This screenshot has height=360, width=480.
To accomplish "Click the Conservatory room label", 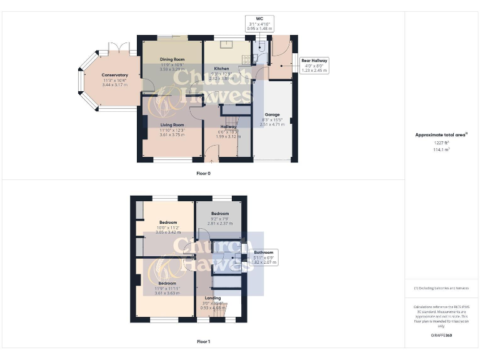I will click(115, 75).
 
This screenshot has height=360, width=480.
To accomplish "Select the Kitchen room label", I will click(222, 68).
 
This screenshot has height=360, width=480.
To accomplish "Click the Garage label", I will click(272, 115).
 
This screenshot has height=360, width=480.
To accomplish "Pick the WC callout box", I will click(259, 24).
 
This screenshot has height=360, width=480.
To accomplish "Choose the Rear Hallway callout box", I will click(314, 65).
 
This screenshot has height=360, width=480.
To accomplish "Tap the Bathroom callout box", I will click(263, 257).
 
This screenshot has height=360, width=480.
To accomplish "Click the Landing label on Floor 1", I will click(212, 298).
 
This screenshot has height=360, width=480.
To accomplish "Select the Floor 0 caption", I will click(203, 173).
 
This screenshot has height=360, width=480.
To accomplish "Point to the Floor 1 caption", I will click(203, 342).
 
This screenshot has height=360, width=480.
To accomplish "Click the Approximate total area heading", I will click(441, 135).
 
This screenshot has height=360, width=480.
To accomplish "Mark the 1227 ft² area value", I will click(441, 143).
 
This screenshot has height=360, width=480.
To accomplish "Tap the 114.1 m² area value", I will click(441, 149).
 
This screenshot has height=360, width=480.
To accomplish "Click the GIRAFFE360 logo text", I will click(441, 336).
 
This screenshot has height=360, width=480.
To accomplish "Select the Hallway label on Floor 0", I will click(227, 127).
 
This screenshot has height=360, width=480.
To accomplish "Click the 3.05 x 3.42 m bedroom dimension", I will click(168, 232).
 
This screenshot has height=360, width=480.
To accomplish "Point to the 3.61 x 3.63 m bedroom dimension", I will click(167, 292).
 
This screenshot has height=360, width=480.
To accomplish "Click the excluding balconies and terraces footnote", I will click(441, 287).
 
